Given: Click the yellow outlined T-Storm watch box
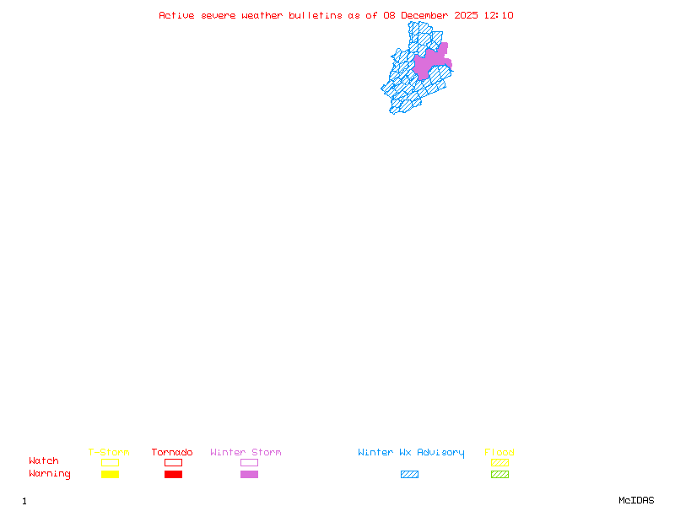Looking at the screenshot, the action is pyautogui.click(x=110, y=462).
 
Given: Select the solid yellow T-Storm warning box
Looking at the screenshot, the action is pyautogui.click(x=110, y=474).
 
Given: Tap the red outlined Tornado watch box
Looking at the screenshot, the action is pyautogui.click(x=173, y=462).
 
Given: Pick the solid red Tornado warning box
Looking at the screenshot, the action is pyautogui.click(x=173, y=474).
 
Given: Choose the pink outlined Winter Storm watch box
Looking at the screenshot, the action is pyautogui.click(x=249, y=462).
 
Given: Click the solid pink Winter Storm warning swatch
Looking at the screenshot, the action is pyautogui.click(x=249, y=474).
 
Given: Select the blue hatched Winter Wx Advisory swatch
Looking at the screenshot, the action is pyautogui.click(x=409, y=474).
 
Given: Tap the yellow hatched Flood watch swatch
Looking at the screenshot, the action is pyautogui.click(x=499, y=462).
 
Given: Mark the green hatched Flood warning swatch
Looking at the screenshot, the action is pyautogui.click(x=499, y=474).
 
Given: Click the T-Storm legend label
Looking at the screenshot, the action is pyautogui.click(x=109, y=453).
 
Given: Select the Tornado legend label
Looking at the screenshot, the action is pyautogui.click(x=172, y=453).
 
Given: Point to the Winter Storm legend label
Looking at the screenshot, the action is pyautogui.click(x=246, y=453).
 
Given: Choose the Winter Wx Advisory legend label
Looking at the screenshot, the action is pyautogui.click(x=411, y=453).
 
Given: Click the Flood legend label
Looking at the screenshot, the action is pyautogui.click(x=499, y=453).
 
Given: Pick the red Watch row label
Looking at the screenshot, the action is pyautogui.click(x=44, y=461).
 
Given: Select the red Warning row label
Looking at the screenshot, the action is pyautogui.click(x=50, y=474).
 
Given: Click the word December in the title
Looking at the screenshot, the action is pyautogui.click(x=427, y=15).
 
